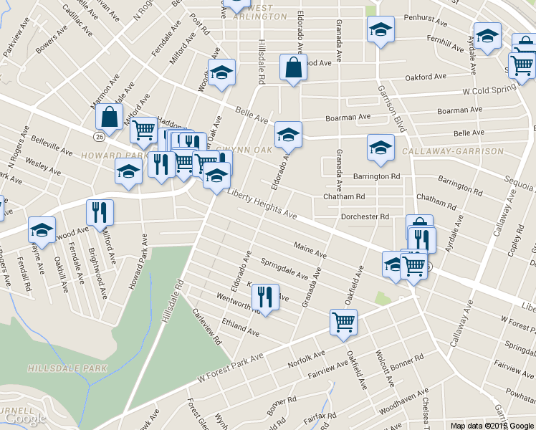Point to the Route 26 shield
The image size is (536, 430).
98,135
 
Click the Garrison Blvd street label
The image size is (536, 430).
393,108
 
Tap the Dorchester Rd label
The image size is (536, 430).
365,216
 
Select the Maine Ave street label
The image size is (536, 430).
310,249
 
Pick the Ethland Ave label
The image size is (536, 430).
241,327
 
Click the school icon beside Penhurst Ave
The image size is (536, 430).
381,29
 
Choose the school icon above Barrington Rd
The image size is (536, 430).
381,147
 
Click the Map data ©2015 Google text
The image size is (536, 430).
492,425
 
